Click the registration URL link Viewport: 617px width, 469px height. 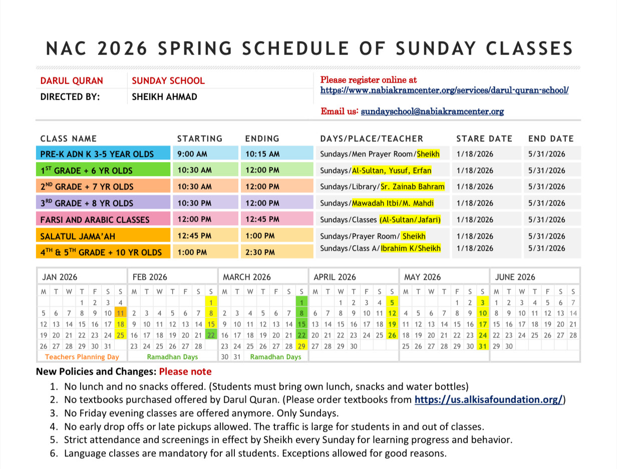coord(444,91)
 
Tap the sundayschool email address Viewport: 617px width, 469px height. coord(432,111)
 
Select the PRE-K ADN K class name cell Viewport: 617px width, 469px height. coord(97,154)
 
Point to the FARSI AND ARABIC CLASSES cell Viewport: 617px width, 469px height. coord(95,220)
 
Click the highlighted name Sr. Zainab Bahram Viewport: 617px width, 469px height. coord(413,187)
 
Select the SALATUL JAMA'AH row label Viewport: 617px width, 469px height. coord(75,236)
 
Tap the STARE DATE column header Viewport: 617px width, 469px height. coord(484,138)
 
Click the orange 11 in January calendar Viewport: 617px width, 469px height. coord(121,313)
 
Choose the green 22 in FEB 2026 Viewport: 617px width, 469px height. coord(211,335)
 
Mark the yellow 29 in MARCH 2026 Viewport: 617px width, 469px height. coord(301,346)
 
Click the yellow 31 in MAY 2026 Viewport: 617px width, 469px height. coord(482,346)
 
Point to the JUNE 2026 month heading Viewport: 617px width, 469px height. coord(515,277)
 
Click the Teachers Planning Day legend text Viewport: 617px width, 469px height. coord(82,357)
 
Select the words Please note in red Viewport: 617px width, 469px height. coord(185,372)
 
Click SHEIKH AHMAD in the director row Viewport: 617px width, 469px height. coord(164,97)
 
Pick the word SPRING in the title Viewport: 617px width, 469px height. coord(196,49)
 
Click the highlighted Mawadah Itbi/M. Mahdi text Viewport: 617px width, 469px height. coord(393,203)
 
